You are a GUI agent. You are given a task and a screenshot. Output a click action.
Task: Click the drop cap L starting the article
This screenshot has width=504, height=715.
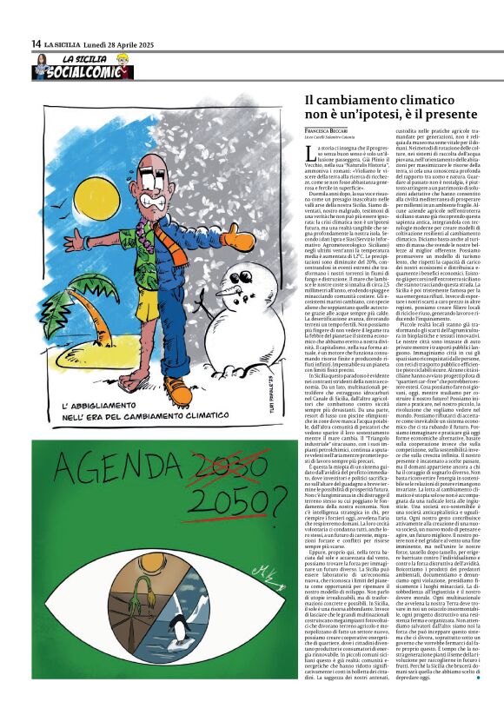310,153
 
